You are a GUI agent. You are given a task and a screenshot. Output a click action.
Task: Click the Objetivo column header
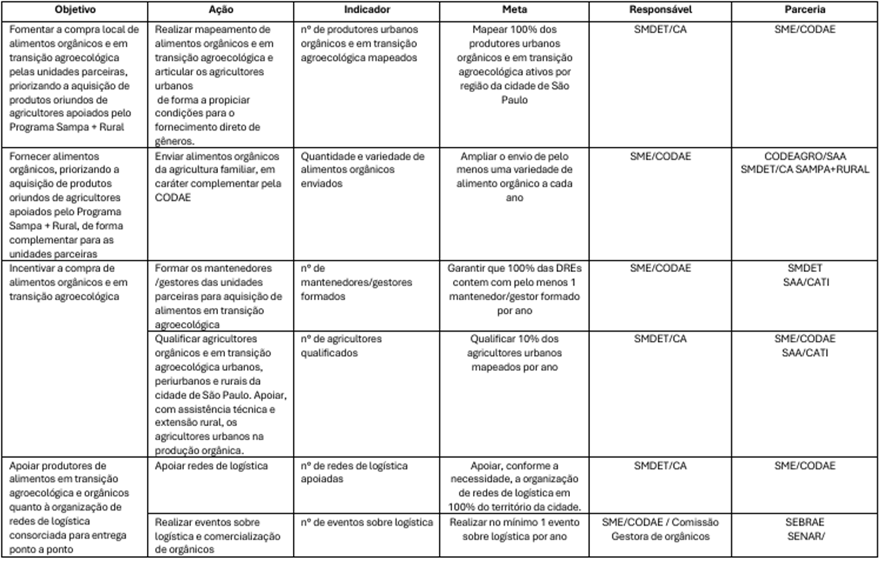pyautogui.click(x=74, y=10)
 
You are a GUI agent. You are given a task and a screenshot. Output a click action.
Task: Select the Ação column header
pyautogui.click(x=221, y=10)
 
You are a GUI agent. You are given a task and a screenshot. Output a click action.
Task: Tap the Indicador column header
pyautogui.click(x=367, y=10)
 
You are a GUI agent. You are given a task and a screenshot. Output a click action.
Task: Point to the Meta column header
pyautogui.click(x=514, y=10)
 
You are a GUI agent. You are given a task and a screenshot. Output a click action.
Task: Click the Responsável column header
pyautogui.click(x=661, y=10)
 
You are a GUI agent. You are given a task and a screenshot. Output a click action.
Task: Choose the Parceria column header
pyautogui.click(x=805, y=10)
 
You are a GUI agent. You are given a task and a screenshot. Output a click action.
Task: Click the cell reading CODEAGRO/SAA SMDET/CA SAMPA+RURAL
pyautogui.click(x=805, y=163)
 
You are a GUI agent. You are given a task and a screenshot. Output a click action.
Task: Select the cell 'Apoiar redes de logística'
pyautogui.click(x=211, y=466)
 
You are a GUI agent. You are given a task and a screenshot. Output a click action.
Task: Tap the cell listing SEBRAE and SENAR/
pyautogui.click(x=805, y=529)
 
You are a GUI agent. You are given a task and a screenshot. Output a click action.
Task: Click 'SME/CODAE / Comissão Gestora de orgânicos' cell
pyautogui.click(x=661, y=529)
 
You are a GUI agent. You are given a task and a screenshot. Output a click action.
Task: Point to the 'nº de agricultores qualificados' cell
pyautogui.click(x=341, y=346)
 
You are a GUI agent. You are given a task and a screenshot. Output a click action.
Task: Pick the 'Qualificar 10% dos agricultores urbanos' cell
pyautogui.click(x=514, y=353)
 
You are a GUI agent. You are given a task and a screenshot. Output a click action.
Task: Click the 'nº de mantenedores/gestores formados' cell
pyautogui.click(x=357, y=282)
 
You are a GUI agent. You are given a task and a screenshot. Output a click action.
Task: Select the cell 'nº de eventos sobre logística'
pyautogui.click(x=367, y=522)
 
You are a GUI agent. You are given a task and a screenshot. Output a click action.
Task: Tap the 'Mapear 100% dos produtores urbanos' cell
pyautogui.click(x=514, y=64)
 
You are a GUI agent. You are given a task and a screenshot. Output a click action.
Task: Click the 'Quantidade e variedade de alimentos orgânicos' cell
pyautogui.click(x=363, y=169)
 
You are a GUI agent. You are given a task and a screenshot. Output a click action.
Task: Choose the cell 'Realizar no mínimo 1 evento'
pyautogui.click(x=514, y=529)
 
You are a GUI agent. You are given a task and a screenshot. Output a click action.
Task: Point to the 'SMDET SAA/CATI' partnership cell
pyautogui.click(x=805, y=275)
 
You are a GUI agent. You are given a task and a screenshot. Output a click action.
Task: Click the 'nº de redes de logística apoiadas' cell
pyautogui.click(x=354, y=472)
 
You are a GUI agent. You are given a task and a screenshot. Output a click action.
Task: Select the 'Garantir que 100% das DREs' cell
pyautogui.click(x=514, y=289)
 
